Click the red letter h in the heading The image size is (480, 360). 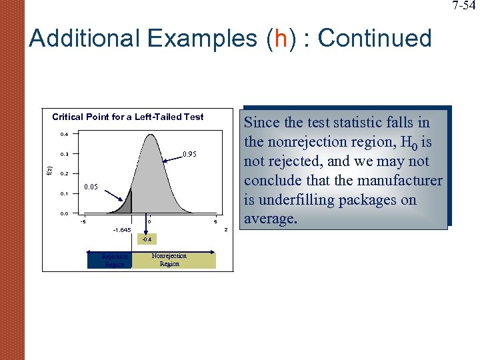[x=279, y=38]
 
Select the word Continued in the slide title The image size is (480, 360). [x=375, y=38]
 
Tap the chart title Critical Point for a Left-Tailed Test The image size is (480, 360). [x=128, y=117]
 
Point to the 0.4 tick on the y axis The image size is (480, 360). [x=63, y=135]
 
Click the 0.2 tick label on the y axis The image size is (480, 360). [x=63, y=174]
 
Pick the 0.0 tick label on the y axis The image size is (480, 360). [x=63, y=213]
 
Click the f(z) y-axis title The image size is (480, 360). [x=47, y=171]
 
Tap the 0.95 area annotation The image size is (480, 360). [x=189, y=155]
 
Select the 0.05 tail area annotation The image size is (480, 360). [x=92, y=187]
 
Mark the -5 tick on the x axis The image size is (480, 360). [x=82, y=222]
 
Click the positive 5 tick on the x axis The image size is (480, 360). [x=215, y=222]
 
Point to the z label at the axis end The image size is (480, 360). [x=227, y=230]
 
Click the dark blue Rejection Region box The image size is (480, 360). [x=110, y=260]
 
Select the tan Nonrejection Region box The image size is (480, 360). [x=173, y=260]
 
